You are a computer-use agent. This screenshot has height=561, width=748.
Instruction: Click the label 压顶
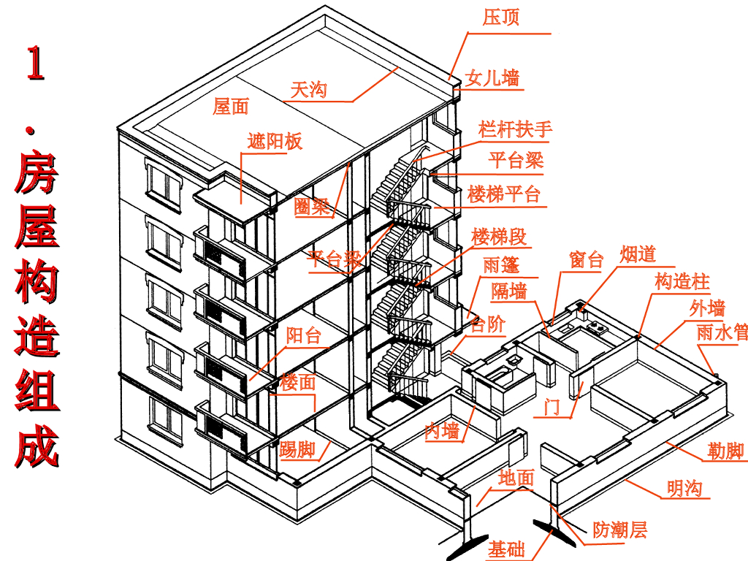[x=501, y=17]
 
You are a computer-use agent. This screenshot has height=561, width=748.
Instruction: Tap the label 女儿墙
[x=492, y=77]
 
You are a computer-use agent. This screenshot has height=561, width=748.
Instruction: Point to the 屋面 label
[x=231, y=107]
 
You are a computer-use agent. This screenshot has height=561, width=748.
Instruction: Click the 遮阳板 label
[x=275, y=141]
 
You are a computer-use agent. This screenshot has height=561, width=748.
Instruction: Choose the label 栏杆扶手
[x=515, y=130]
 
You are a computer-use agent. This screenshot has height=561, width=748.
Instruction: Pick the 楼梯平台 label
[x=504, y=194]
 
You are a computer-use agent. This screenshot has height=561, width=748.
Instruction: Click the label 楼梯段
[x=499, y=237]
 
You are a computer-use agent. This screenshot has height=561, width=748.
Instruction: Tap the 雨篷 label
[x=502, y=264]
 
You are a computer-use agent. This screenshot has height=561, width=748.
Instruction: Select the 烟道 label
[x=638, y=254]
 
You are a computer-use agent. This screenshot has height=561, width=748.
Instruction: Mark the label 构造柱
[x=682, y=281]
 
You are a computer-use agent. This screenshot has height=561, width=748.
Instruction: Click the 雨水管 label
[x=722, y=332]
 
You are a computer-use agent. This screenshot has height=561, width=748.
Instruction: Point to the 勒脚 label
[x=725, y=451]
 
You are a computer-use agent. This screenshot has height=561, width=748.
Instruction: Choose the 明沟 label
[x=684, y=488]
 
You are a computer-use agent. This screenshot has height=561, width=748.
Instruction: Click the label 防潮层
[x=619, y=530]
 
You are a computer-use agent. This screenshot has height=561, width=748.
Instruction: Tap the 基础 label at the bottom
[x=507, y=549]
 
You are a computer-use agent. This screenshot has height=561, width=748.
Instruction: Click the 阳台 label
[x=303, y=336]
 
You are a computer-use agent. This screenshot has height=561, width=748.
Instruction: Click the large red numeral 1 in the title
[x=34, y=64]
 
